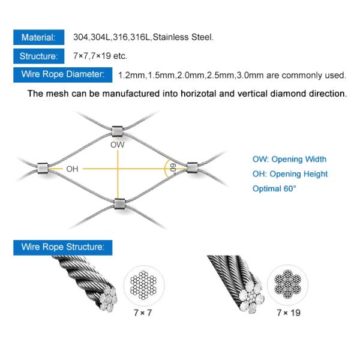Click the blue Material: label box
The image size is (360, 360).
[x=39, y=37]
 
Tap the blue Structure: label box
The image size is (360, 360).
[x=39, y=56]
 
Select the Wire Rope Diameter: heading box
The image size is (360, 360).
[x=62, y=74]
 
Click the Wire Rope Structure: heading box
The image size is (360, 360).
[x=62, y=247]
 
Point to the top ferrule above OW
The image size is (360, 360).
[x=118, y=131]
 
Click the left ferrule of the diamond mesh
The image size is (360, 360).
[x=43, y=168]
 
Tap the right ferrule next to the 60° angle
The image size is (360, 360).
[x=193, y=167]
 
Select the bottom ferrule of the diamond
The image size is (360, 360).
[x=119, y=204]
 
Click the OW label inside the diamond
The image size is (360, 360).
[x=118, y=145]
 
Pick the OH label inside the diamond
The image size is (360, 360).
[x=72, y=169]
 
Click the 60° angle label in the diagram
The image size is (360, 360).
[x=173, y=168]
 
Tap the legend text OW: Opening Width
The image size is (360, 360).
[x=289, y=159]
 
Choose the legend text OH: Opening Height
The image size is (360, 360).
[x=290, y=174]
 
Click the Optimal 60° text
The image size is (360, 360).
[x=274, y=189]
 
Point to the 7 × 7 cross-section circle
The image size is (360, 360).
[x=144, y=286]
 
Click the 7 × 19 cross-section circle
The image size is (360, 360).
[x=287, y=284]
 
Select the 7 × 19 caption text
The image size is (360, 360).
[x=289, y=313]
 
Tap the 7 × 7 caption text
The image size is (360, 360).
[x=143, y=313]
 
